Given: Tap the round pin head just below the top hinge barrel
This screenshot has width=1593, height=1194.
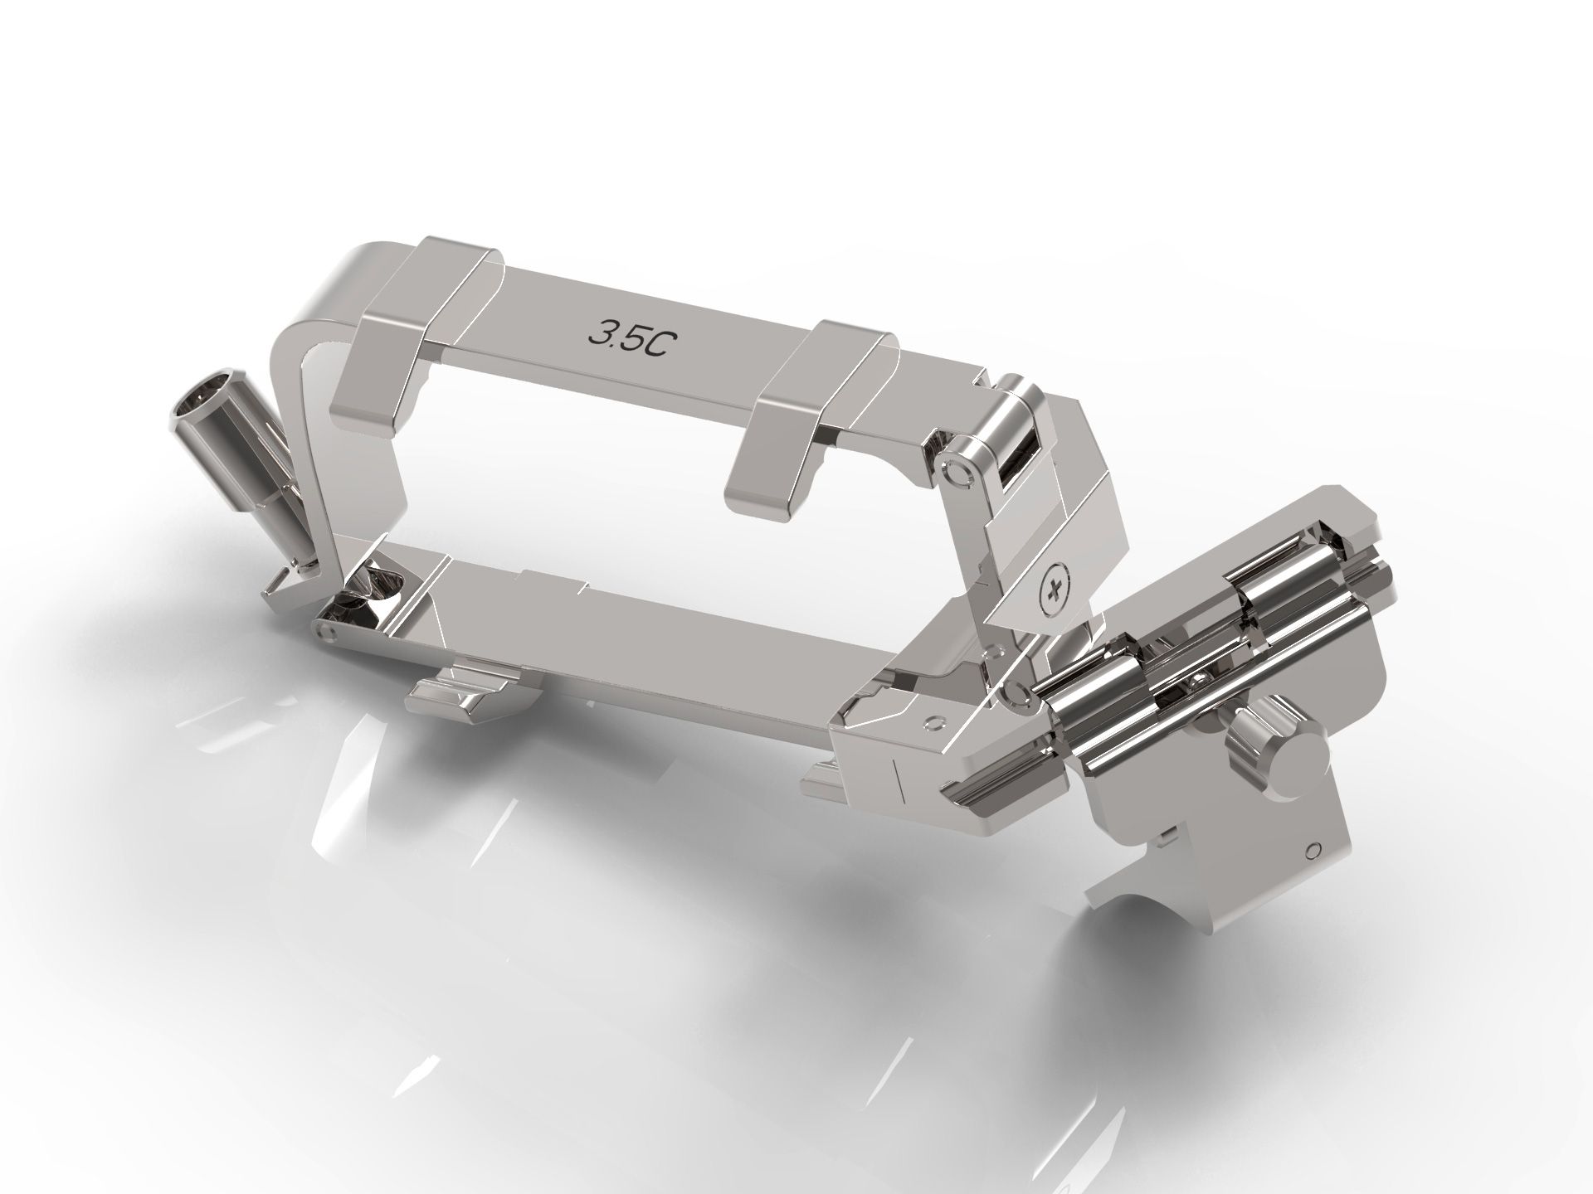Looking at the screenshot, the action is (x=957, y=473).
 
